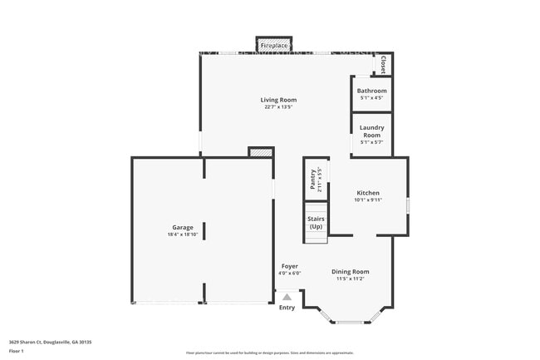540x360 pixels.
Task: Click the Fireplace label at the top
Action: point(273,45)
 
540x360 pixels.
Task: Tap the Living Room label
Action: point(280,100)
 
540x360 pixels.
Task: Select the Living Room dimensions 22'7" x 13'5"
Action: point(280,106)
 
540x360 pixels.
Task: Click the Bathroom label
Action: point(371,91)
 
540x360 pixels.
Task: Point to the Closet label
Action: point(383,64)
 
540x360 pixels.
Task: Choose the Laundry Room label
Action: point(371,131)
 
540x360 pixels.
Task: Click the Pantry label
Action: point(313,180)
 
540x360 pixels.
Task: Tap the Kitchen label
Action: point(368,193)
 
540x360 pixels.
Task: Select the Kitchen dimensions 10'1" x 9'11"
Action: point(368,200)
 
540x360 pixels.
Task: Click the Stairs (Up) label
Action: point(316,223)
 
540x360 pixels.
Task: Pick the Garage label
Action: point(183,227)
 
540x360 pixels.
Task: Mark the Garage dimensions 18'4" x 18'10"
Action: point(183,234)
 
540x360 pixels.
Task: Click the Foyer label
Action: point(289,266)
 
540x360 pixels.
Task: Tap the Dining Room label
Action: point(351,272)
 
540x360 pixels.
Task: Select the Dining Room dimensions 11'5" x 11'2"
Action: point(351,279)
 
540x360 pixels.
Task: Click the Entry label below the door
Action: point(287,308)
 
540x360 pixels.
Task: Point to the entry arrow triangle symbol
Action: point(287,296)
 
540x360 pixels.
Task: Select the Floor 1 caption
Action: point(17,351)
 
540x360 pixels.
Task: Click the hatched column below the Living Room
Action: point(261,153)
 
